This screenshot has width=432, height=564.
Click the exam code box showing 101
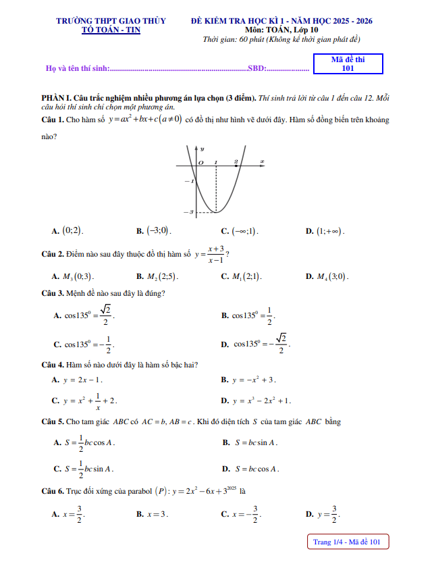[348, 63]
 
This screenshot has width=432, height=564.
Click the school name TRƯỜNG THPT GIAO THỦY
[111, 22]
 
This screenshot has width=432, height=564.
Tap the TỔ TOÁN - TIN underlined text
[111, 30]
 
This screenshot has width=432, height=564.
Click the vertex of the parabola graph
[215, 212]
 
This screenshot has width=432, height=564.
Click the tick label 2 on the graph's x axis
[236, 162]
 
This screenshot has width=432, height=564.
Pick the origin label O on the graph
[200, 163]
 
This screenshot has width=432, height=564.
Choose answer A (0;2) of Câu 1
[68, 231]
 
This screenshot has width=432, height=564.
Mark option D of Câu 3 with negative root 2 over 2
[256, 343]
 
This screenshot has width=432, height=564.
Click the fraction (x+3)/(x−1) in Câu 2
[216, 254]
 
